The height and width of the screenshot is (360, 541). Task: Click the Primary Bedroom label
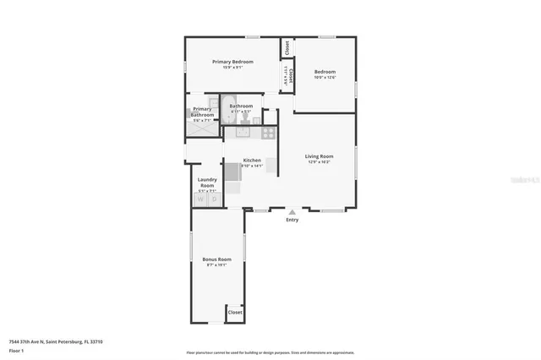[233, 62]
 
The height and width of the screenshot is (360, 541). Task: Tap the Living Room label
[319, 156]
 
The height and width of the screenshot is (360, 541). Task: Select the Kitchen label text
[252, 161]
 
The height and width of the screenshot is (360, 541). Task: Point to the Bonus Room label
[216, 259]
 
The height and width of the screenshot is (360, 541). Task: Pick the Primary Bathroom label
[202, 112]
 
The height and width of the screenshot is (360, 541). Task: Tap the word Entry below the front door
[292, 220]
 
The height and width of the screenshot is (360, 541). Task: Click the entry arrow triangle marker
[292, 211]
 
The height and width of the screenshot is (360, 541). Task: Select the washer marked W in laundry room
[201, 199]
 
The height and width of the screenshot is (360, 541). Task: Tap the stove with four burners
[268, 131]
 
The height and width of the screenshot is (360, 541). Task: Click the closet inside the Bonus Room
[235, 313]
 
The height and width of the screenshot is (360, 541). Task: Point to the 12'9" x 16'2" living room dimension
[319, 162]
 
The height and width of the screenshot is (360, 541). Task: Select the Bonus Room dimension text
[216, 265]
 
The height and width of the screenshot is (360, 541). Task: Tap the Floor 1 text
[16, 350]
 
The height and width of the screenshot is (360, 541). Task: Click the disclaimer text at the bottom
[270, 352]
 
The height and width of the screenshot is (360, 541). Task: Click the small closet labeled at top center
[287, 47]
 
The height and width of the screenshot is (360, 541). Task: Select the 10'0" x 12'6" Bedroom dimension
[325, 77]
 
